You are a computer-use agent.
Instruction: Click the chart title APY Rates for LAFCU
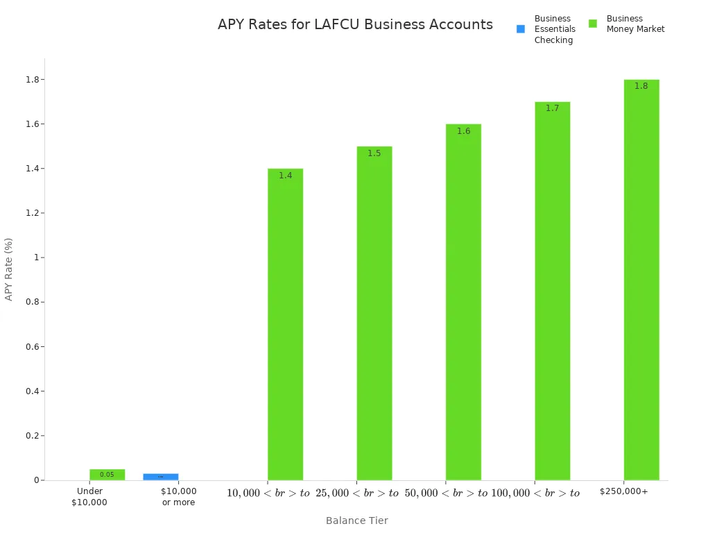pyautogui.click(x=355, y=25)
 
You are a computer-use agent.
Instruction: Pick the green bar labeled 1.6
pyautogui.click(x=463, y=301)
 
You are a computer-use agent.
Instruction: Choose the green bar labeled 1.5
pyautogui.click(x=374, y=312)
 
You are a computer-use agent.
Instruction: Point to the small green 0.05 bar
pyautogui.click(x=107, y=475)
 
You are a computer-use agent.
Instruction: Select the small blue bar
pyautogui.click(x=161, y=477)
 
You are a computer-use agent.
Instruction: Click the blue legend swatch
pyautogui.click(x=521, y=29)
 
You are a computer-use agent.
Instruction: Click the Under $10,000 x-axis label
pyautogui.click(x=89, y=496)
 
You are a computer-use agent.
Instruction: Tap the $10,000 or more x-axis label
pyautogui.click(x=178, y=496)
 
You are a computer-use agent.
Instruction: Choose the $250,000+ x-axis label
pyautogui.click(x=623, y=491)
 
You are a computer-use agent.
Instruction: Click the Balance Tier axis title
pyautogui.click(x=356, y=521)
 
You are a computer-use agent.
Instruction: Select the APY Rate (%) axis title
pyautogui.click(x=9, y=269)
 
